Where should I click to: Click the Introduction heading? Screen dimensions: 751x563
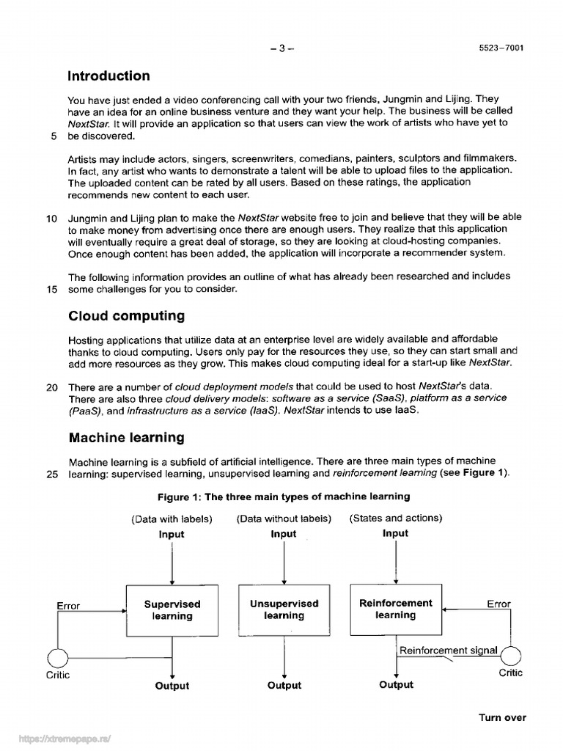pyautogui.click(x=108, y=76)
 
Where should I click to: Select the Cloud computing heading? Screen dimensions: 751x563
pyautogui.click(x=126, y=316)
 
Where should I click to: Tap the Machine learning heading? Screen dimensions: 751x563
pyautogui.click(x=126, y=438)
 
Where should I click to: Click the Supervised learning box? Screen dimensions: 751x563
pyautogui.click(x=172, y=610)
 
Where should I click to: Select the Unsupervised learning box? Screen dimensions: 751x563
pyautogui.click(x=284, y=610)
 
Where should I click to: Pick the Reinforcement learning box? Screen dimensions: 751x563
pyautogui.click(x=395, y=609)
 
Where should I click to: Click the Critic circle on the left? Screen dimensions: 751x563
pyautogui.click(x=57, y=658)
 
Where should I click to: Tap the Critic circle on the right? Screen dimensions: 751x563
pyautogui.click(x=511, y=656)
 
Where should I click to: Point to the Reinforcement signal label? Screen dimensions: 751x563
pyautogui.click(x=448, y=651)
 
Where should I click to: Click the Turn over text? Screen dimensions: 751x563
pyautogui.click(x=502, y=717)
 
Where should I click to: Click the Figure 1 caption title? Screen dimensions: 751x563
pyautogui.click(x=283, y=497)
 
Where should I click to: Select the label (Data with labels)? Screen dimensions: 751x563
pyautogui.click(x=172, y=519)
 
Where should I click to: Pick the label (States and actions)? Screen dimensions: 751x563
pyautogui.click(x=396, y=519)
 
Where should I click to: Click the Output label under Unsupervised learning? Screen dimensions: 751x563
pyautogui.click(x=284, y=686)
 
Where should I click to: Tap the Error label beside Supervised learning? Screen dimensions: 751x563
pyautogui.click(x=68, y=606)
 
